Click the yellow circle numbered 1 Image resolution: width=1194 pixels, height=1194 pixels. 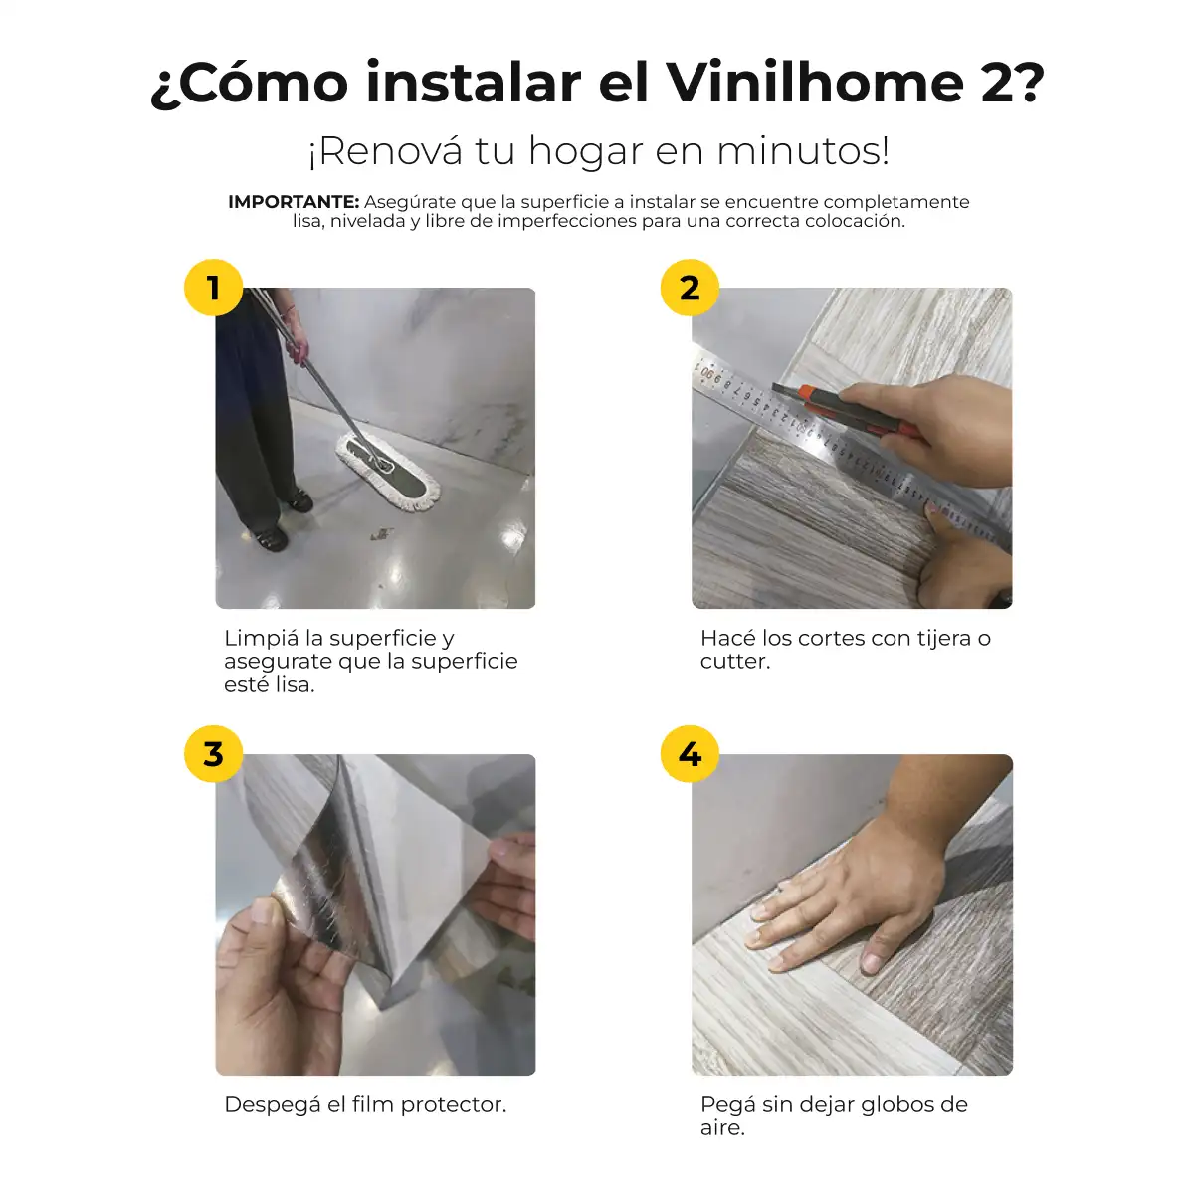point(213,287)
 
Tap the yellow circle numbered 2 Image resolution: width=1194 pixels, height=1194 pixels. point(690,287)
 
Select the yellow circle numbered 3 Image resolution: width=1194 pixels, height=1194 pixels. point(213,754)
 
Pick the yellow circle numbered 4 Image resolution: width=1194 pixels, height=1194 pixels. point(690,754)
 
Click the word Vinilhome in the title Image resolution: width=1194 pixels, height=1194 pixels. point(816,83)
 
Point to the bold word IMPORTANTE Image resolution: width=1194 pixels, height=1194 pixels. point(294,202)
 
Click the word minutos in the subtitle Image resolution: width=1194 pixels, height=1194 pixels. point(803,151)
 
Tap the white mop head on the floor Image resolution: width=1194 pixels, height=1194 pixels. point(388,472)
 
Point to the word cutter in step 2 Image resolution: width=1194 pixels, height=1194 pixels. point(735,661)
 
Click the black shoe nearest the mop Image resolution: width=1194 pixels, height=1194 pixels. point(299,499)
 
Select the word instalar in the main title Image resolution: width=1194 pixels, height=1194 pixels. point(474,83)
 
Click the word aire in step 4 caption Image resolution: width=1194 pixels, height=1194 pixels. point(722,1128)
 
